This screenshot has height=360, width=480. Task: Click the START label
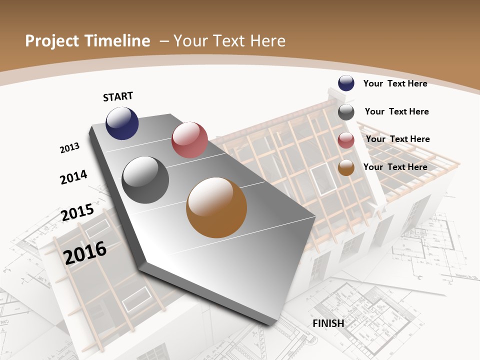118,96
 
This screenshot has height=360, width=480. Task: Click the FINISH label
328,323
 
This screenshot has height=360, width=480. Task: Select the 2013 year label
69,148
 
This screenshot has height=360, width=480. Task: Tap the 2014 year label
73,177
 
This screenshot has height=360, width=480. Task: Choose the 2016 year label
85,252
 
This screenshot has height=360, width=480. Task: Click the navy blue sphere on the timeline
122,123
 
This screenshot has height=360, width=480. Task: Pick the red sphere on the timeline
189,140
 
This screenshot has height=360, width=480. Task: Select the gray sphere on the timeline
145,180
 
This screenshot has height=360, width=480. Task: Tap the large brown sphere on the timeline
216,207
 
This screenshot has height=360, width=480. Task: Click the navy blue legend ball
346,83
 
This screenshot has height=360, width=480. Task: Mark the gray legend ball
346,112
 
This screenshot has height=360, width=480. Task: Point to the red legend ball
346,140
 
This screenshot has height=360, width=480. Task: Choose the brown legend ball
346,168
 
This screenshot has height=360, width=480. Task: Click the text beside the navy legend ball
395,83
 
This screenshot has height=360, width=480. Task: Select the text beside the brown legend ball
395,167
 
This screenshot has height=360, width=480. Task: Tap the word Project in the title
49,41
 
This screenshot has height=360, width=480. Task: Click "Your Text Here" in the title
229,41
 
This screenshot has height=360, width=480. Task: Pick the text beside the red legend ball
397,139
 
